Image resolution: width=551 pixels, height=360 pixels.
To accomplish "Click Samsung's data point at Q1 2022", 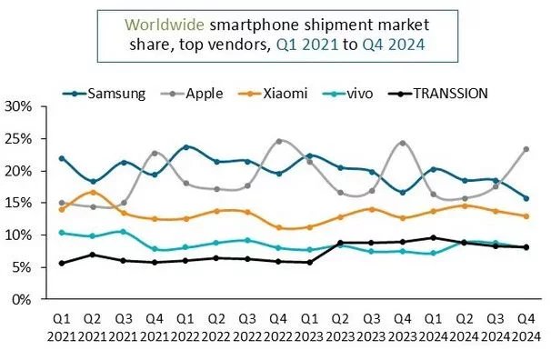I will pos(185,146).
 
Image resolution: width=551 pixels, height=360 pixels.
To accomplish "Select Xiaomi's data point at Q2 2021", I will pos(92,192).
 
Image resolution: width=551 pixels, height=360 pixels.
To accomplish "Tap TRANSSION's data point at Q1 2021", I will pos(61,263).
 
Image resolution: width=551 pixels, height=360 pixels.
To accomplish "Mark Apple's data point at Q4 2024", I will pos(526,149).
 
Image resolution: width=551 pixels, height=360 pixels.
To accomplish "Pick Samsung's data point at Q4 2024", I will pos(526,198).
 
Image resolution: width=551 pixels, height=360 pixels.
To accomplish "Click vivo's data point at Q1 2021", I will pos(61,232).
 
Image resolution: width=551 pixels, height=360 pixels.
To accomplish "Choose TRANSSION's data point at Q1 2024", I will pos(433,237).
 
